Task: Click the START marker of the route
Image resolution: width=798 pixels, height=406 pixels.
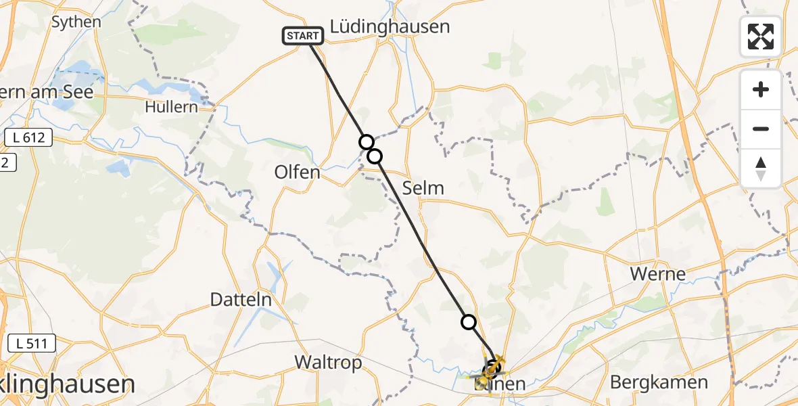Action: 302,36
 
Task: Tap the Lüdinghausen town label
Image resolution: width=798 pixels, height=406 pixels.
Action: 390,27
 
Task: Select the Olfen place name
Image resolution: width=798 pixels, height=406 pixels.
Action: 297,172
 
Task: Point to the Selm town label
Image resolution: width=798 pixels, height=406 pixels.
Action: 423,188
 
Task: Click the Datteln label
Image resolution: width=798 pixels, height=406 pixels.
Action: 241,300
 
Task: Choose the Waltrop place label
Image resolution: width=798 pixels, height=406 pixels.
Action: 328,363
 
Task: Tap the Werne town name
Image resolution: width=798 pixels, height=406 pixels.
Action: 657,274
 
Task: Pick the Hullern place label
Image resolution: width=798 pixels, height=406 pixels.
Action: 171,107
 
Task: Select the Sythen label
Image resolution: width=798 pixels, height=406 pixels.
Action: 76,22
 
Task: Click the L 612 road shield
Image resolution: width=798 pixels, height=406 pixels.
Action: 28,138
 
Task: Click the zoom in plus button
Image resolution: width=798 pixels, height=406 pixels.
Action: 761,89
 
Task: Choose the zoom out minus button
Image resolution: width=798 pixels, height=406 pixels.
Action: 761,129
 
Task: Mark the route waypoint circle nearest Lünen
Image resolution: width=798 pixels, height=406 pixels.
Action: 469,322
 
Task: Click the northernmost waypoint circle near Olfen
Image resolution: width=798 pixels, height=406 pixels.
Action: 366,141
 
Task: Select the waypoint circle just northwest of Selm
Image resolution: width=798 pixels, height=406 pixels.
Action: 375,156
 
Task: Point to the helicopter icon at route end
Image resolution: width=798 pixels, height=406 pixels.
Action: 493,367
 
